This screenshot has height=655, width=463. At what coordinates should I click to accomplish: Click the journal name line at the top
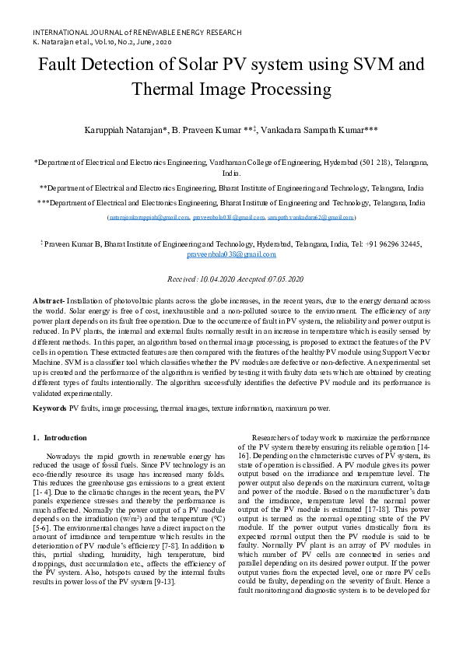click(137, 33)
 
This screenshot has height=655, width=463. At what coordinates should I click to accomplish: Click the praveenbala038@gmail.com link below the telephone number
click(231, 254)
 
